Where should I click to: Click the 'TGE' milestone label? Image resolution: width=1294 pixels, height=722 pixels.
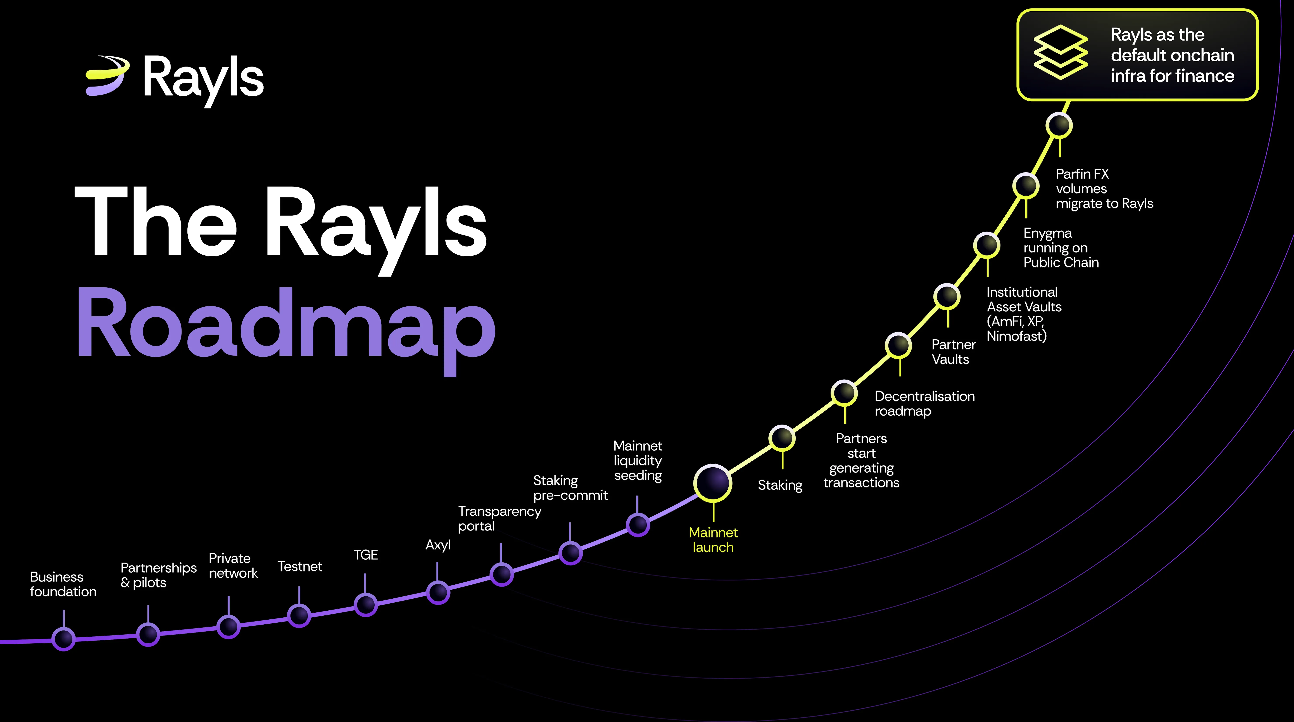coord(365,555)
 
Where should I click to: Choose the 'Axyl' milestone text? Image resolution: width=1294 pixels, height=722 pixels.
coord(438,545)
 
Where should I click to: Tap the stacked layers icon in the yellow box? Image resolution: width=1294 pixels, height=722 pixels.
coord(1060,52)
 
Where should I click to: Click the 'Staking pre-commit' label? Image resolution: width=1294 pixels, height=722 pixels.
coord(570,488)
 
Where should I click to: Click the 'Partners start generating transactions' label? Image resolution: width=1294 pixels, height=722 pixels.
coord(862,460)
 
